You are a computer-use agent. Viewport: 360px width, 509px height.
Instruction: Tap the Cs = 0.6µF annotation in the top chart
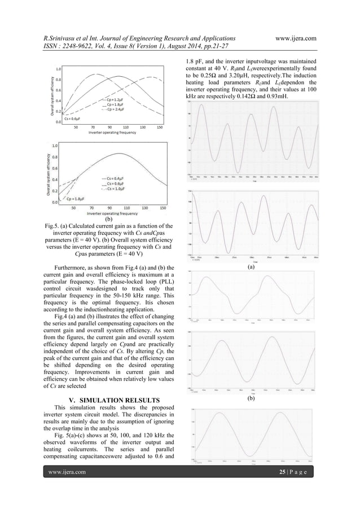pos(69,119)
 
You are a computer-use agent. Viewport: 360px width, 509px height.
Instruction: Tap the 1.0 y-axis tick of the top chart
pos(59,69)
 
